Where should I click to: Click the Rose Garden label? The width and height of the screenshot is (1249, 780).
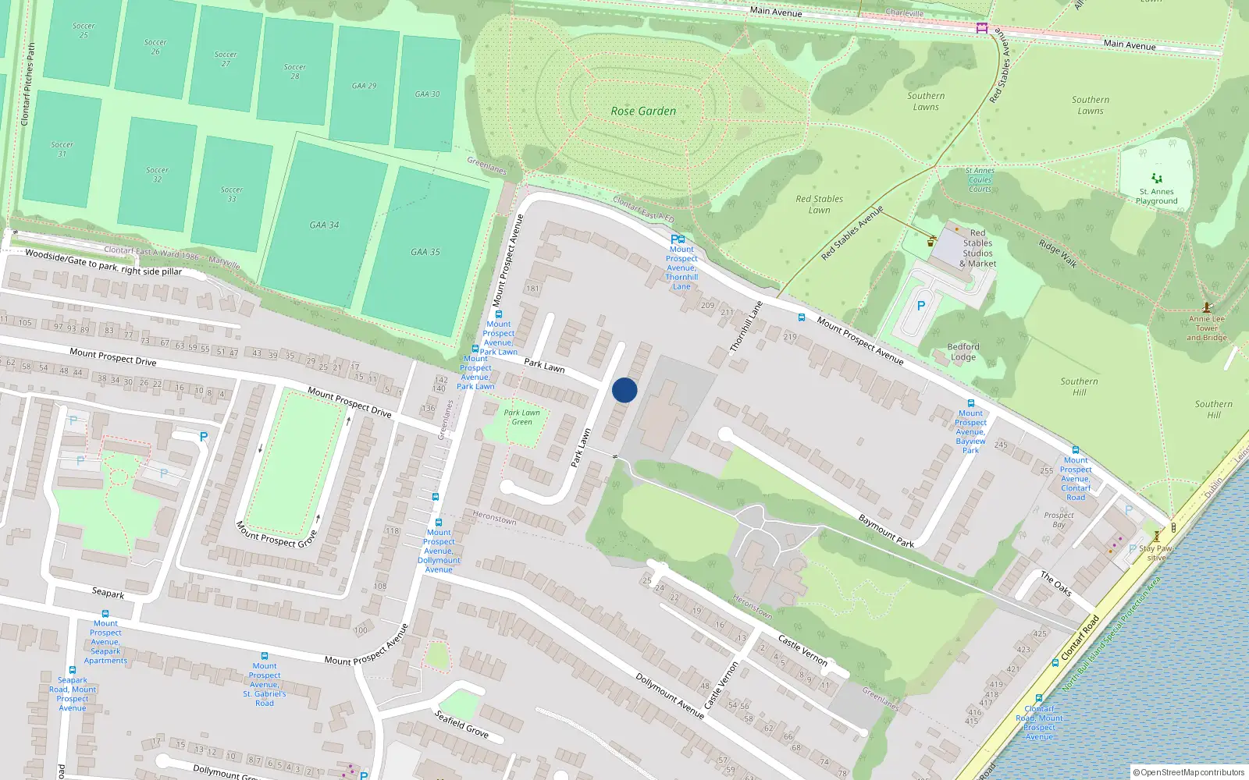[643, 112]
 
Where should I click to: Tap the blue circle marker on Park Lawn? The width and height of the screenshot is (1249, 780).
[624, 390]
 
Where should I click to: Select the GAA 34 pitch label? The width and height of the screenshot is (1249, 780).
[324, 225]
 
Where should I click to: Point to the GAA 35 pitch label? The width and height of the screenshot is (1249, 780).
[425, 252]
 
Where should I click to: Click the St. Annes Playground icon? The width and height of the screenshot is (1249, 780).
[1157, 179]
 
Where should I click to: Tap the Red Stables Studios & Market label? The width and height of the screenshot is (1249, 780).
[977, 248]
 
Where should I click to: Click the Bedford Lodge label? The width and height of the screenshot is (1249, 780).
[963, 352]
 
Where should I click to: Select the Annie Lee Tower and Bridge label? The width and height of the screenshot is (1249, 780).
[1207, 328]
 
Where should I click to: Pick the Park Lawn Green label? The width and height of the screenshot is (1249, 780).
[521, 417]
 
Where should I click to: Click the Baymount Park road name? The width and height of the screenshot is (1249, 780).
[886, 530]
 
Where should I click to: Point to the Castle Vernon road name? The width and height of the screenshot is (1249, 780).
[802, 649]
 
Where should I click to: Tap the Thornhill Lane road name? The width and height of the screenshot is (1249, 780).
[745, 327]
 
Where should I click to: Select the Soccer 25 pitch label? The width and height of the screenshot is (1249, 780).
[84, 30]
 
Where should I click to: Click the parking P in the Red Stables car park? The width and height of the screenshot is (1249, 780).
[921, 307]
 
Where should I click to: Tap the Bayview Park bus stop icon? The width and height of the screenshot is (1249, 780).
[971, 403]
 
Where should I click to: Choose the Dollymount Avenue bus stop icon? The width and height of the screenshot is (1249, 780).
[439, 523]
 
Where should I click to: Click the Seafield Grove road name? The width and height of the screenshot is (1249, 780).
[461, 724]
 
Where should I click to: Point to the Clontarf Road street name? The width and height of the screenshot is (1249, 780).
[1080, 636]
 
